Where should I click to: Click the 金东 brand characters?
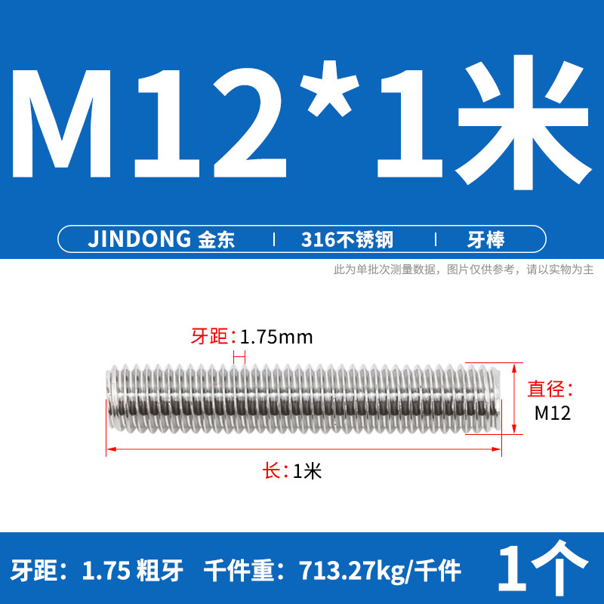pos(216,240)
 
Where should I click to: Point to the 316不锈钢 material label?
pos(347,240)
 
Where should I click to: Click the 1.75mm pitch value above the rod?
pos(276,337)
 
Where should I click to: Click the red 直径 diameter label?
pos(550,390)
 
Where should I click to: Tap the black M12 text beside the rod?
pos(552,413)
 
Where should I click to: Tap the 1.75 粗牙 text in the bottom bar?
pos(133,571)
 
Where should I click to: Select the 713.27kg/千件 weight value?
pos(377,571)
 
